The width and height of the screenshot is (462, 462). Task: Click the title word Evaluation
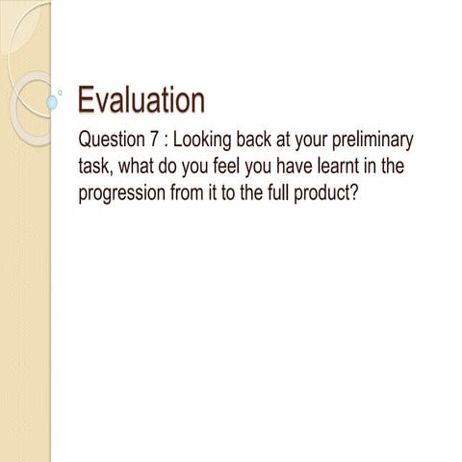point(141,100)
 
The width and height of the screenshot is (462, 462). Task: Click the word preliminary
point(371,141)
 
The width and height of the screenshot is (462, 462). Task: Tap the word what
point(138,167)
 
